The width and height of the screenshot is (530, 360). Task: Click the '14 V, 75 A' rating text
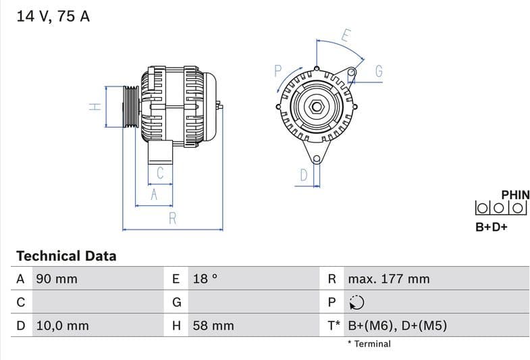[53, 16]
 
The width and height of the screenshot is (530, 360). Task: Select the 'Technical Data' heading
[66, 256]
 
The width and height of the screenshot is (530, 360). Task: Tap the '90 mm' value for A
[56, 279]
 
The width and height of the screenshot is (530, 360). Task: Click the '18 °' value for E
[205, 279]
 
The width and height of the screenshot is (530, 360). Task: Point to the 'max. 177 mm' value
[388, 279]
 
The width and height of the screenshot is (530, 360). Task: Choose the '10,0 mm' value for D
[61, 326]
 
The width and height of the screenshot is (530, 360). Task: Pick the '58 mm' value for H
[213, 326]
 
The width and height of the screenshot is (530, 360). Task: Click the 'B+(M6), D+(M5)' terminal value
[397, 326]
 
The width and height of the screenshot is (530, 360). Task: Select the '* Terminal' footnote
[369, 344]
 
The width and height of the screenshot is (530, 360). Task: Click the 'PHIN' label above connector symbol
[515, 195]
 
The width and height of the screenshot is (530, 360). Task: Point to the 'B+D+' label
[492, 227]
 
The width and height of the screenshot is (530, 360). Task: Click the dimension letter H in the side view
[95, 106]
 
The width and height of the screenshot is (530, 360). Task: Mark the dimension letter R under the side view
[172, 218]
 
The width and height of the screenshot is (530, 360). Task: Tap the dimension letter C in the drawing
[160, 173]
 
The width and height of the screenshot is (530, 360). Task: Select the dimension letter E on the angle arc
[346, 36]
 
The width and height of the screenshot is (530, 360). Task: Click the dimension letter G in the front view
[379, 71]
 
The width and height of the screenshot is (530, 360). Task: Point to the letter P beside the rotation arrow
[277, 70]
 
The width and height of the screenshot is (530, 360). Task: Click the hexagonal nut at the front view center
[316, 106]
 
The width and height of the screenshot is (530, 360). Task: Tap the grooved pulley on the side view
[130, 106]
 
